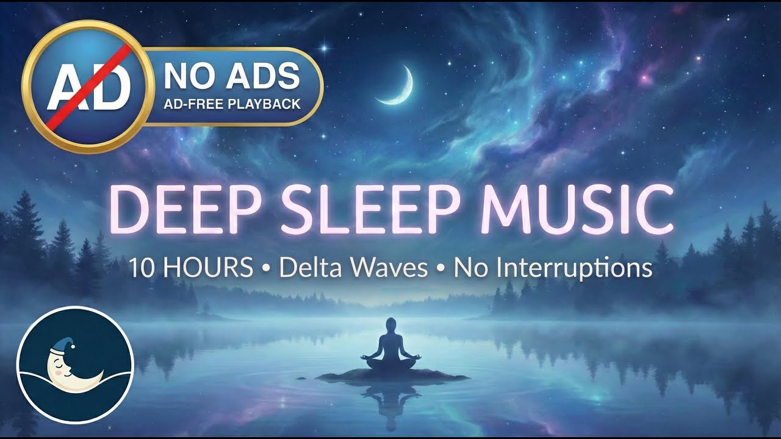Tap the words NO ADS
(x=231, y=76)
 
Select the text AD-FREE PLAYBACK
(x=232, y=104)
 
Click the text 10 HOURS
(x=190, y=268)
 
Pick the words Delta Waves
(x=353, y=268)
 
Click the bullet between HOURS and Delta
(x=266, y=269)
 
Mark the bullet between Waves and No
(x=441, y=269)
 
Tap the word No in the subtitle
(x=469, y=268)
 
